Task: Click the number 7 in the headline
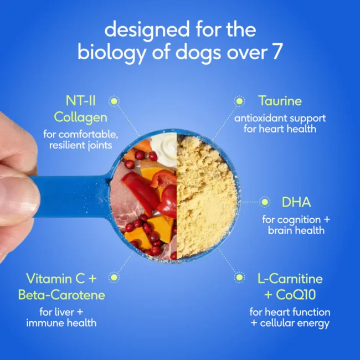[276, 52]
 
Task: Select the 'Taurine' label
[280, 101]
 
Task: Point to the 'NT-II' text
[82, 101]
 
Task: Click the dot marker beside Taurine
[239, 101]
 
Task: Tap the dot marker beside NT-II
[114, 101]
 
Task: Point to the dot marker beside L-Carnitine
[239, 277]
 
